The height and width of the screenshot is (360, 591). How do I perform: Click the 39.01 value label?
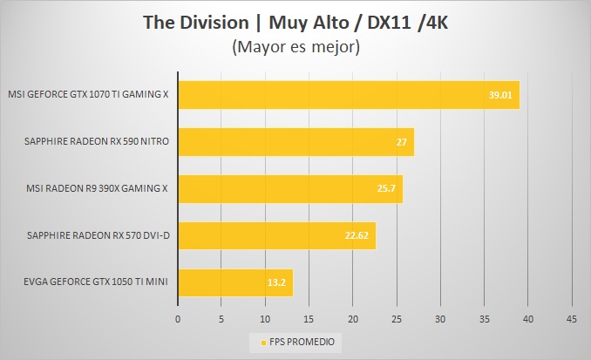click(x=500, y=94)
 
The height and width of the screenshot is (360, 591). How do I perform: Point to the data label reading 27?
click(x=401, y=141)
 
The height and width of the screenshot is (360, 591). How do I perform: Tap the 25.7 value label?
click(x=386, y=188)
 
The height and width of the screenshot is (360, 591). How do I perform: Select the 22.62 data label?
click(x=357, y=235)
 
